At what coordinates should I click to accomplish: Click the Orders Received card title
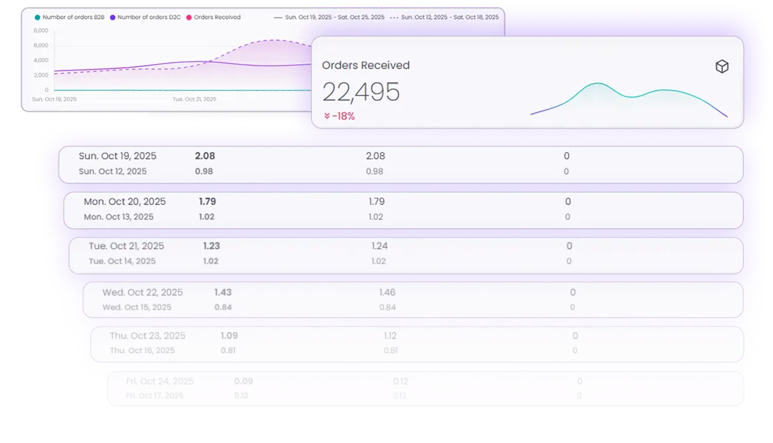tap(366, 66)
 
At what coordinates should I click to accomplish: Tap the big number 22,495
tap(361, 92)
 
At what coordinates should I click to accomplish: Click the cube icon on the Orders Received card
tap(722, 66)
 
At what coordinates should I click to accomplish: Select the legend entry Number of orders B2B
tap(70, 17)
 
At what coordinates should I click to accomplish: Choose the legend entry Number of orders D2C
tap(145, 17)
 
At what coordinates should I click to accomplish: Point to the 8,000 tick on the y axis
tap(41, 31)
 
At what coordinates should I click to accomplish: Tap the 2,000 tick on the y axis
tap(41, 75)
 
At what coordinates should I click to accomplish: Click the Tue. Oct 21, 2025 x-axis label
tap(195, 99)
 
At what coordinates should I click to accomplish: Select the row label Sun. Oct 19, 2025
tap(118, 156)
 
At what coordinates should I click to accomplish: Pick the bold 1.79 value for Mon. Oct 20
tap(207, 202)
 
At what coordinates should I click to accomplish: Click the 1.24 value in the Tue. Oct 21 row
tap(380, 246)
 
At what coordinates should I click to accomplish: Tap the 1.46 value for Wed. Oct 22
tap(387, 292)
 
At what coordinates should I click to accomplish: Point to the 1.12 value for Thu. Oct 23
tap(391, 336)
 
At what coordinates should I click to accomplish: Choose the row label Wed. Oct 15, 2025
tap(137, 307)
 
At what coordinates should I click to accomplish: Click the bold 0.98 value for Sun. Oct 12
tap(204, 172)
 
